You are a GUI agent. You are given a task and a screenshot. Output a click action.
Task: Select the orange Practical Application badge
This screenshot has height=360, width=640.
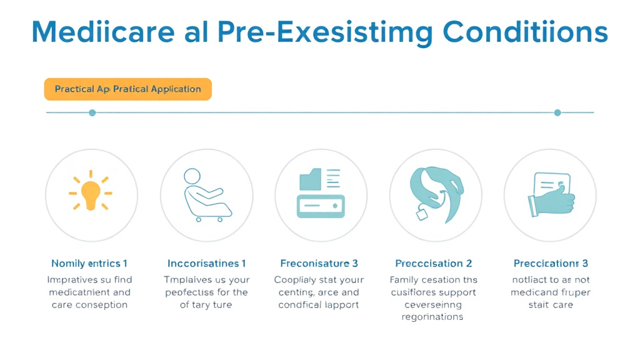[127, 89]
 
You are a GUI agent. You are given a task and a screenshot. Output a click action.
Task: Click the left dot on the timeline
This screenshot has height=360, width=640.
[92, 112]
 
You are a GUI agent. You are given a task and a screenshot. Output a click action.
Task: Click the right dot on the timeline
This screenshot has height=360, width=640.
[557, 112]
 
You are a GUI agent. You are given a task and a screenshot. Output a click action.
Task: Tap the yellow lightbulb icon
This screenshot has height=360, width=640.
[91, 191]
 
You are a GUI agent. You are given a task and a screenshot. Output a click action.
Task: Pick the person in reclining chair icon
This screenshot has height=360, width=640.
[206, 194]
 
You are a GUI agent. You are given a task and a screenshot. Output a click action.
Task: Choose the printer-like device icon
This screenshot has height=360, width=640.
[321, 194]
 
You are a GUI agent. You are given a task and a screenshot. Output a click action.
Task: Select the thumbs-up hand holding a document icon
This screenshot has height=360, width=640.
[550, 194]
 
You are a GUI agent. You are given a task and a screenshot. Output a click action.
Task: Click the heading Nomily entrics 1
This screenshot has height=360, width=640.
[89, 263]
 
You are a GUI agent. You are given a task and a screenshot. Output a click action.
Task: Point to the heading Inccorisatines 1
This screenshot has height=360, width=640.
[206, 263]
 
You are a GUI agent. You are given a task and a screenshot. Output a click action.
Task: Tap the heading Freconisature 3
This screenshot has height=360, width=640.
[319, 263]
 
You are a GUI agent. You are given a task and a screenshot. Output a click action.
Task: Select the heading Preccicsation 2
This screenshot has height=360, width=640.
[434, 263]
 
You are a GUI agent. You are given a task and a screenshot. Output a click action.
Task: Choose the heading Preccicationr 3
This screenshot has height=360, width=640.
[551, 263]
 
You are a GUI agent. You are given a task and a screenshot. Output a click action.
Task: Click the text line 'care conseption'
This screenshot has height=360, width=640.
[89, 305]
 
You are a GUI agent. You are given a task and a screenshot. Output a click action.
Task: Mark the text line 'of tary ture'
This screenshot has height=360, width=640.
[206, 305]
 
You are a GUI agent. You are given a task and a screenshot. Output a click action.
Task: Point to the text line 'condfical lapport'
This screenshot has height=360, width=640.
[319, 305]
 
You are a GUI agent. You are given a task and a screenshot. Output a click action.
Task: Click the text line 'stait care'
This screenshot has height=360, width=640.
[551, 305]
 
